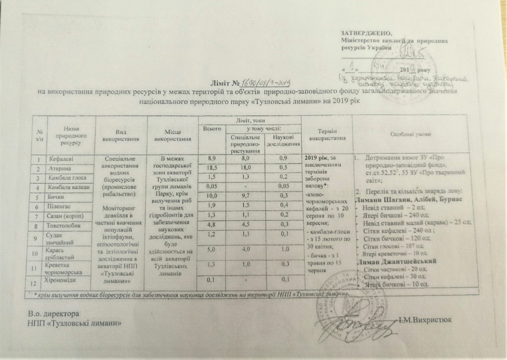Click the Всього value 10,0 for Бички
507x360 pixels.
pyautogui.click(x=212, y=195)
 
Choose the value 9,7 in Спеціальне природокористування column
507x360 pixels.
pyautogui.click(x=245, y=195)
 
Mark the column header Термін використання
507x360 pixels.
pyautogui.click(x=327, y=134)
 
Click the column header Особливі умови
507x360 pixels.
pyautogui.click(x=411, y=134)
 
